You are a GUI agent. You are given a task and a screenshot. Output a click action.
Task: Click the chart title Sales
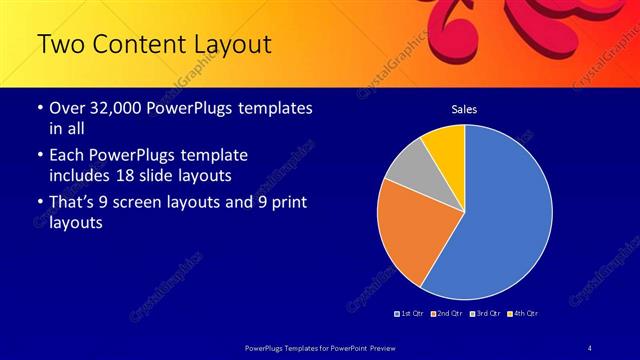[x=464, y=108]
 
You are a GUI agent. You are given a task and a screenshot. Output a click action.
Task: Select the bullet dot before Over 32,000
[x=39, y=108]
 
